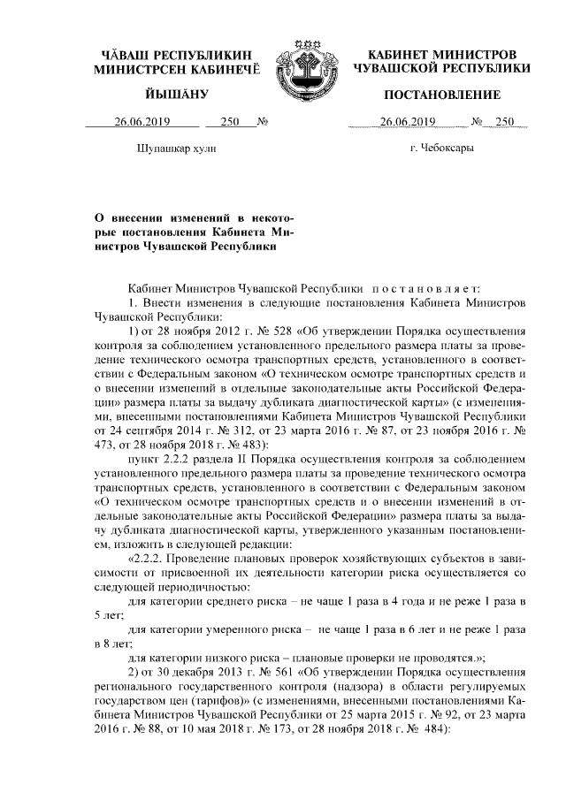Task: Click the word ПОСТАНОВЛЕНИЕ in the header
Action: (x=437, y=95)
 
